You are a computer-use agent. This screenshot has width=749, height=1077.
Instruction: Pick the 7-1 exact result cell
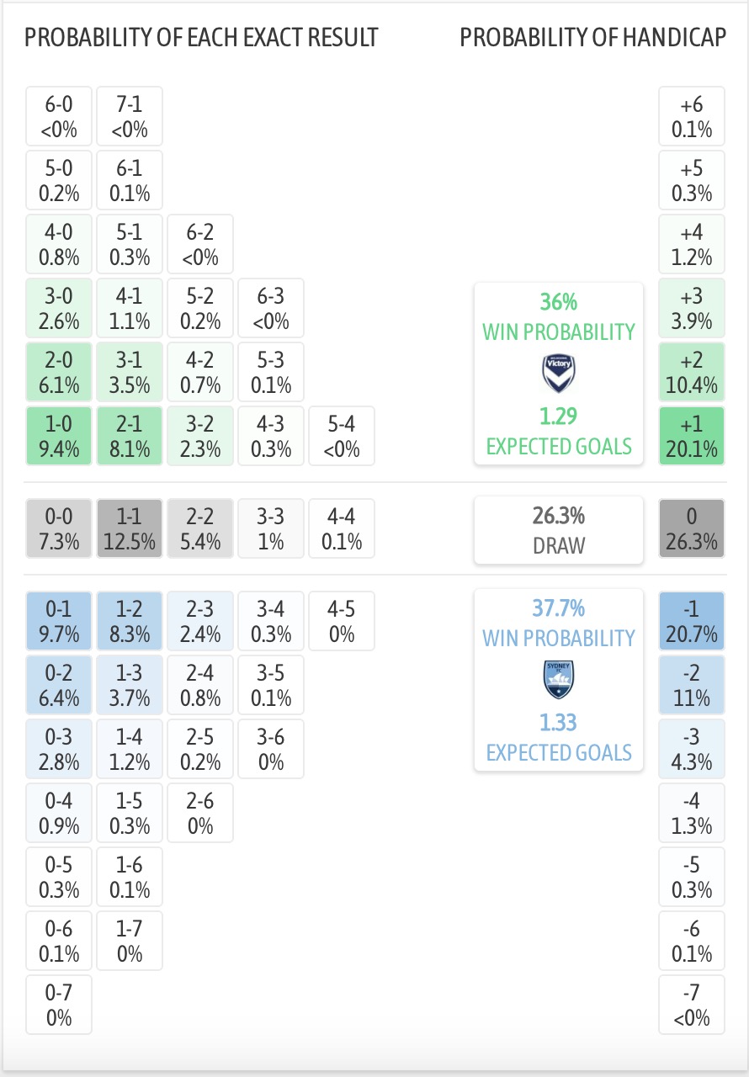130,116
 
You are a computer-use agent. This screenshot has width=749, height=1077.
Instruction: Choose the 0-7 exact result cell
59,1005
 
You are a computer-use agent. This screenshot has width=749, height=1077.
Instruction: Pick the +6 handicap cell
692,116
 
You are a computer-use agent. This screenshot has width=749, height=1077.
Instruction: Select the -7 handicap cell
692,1005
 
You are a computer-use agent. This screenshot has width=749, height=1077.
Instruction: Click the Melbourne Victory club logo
559,374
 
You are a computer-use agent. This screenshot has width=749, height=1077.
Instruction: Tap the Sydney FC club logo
559,680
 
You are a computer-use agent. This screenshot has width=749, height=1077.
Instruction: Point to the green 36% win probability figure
559,302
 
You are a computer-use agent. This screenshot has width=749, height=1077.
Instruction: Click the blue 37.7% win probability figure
559,607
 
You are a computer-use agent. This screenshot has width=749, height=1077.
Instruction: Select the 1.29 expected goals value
559,416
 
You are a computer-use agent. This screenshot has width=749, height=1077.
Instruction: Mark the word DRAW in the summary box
559,546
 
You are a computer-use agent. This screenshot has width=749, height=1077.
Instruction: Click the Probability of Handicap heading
592,38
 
